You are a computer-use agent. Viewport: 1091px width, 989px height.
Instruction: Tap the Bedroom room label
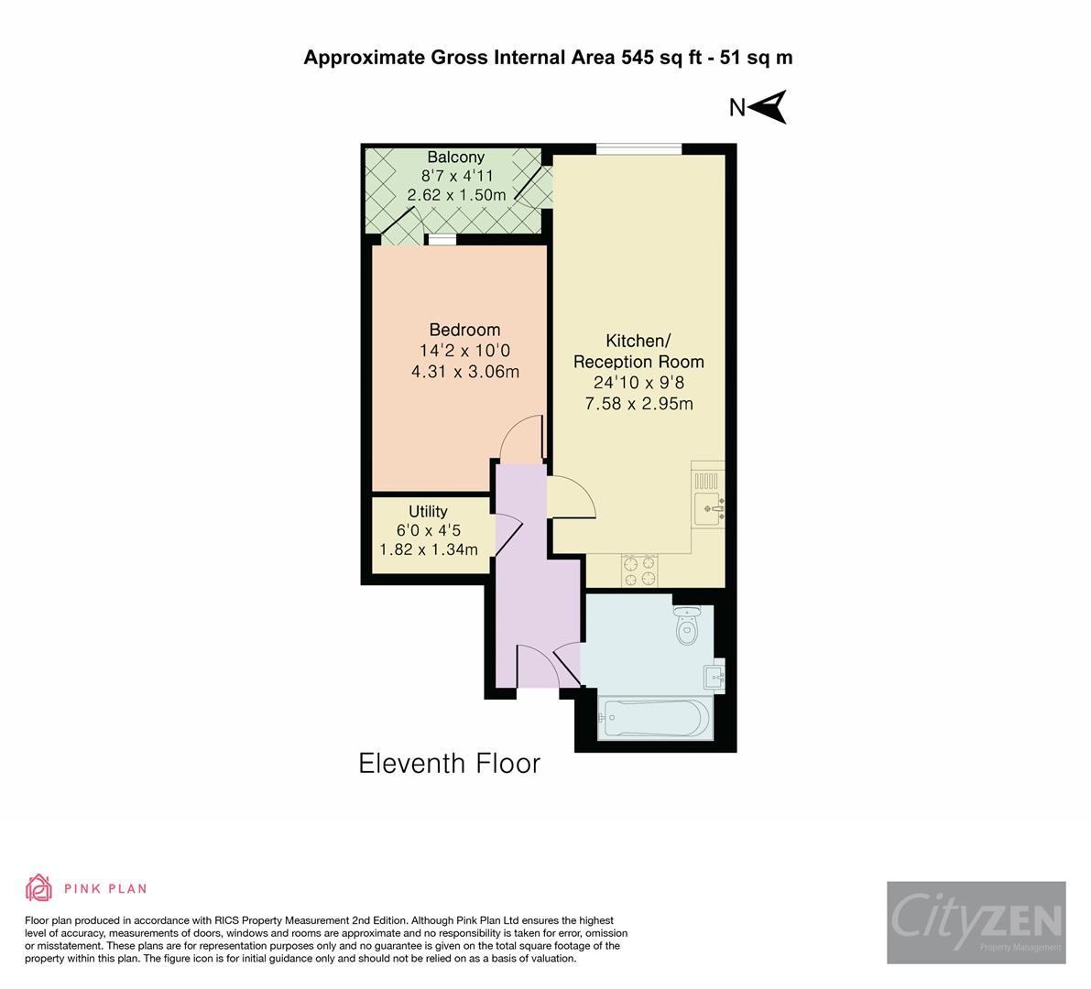pyautogui.click(x=464, y=330)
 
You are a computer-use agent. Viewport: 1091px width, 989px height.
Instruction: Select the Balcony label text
pyautogui.click(x=455, y=158)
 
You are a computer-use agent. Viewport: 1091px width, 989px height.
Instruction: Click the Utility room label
pyautogui.click(x=428, y=511)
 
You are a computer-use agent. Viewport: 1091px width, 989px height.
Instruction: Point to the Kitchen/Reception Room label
pyautogui.click(x=638, y=351)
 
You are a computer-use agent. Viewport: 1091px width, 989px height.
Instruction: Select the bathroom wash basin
pyautogui.click(x=715, y=679)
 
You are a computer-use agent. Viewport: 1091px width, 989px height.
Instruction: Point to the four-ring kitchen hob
pyautogui.click(x=640, y=571)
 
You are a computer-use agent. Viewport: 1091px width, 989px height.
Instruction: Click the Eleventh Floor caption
pyautogui.click(x=449, y=763)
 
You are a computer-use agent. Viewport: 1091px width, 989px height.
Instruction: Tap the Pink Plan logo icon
pyautogui.click(x=39, y=887)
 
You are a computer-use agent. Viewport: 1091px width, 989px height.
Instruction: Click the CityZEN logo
pyautogui.click(x=976, y=921)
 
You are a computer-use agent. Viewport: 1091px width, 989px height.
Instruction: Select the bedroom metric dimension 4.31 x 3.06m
pyautogui.click(x=465, y=371)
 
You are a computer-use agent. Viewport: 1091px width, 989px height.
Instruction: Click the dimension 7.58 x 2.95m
pyautogui.click(x=638, y=403)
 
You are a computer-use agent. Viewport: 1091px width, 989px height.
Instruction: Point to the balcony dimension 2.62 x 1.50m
pyautogui.click(x=456, y=195)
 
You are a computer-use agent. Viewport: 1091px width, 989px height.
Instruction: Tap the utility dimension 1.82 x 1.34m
pyautogui.click(x=429, y=549)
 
